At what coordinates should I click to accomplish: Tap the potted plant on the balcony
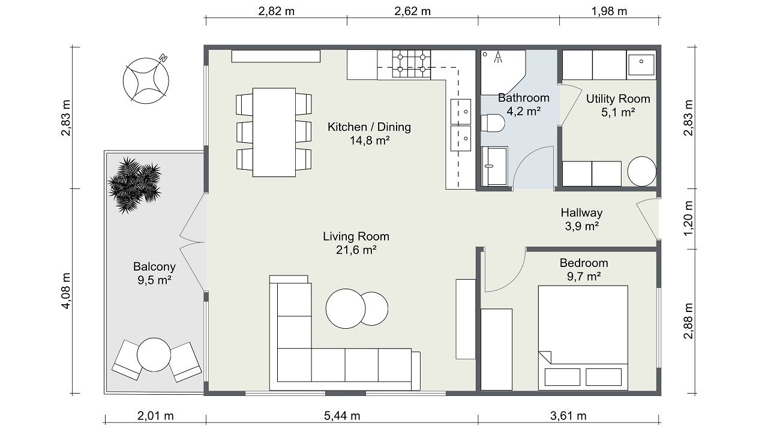pos(135,185)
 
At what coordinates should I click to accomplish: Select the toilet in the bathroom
pos(493,123)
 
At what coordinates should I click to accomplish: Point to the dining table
pos(274,133)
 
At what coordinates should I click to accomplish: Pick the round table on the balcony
pos(154,355)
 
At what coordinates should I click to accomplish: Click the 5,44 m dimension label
pos(342,416)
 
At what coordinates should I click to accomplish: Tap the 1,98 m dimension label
pos(609,11)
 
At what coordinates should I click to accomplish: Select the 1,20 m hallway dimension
pos(688,218)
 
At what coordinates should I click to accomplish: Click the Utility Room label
pos(618,99)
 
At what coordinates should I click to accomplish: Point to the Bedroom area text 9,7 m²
pos(584,277)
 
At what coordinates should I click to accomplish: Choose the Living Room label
pos(356,236)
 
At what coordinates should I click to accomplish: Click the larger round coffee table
pos(346,308)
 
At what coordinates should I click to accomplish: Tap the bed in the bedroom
pos(583,338)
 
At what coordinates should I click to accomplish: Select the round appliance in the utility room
pos(642,172)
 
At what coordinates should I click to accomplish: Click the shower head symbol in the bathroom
pos(497,58)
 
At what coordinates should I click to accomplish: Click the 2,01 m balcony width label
pos(155,416)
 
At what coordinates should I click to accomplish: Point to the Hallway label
pos(581,212)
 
